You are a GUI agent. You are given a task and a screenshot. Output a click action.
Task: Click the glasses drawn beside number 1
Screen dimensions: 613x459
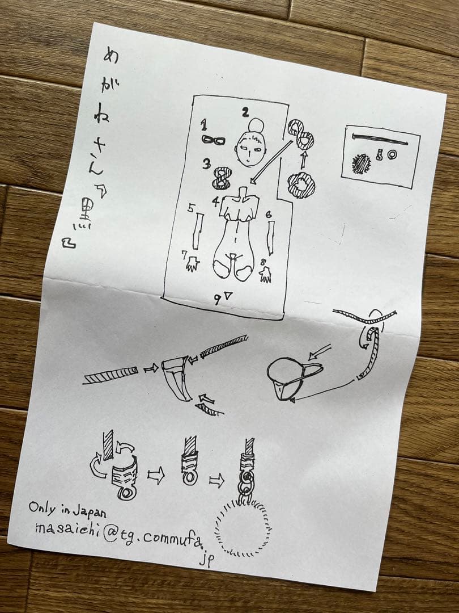pos(214,140)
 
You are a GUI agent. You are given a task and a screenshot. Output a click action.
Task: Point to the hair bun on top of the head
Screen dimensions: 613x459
pos(256,125)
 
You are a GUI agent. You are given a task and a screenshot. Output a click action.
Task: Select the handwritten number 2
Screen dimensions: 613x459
pos(245,112)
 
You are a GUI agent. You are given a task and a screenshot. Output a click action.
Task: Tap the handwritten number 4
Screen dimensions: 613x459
pos(216,201)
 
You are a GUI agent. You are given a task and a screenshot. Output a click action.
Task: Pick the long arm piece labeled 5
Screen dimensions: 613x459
pos(197,231)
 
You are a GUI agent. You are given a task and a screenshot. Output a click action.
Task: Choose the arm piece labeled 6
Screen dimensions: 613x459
pos(271,238)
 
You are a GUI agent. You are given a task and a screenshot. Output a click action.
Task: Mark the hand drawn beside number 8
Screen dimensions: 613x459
pos(265,275)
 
